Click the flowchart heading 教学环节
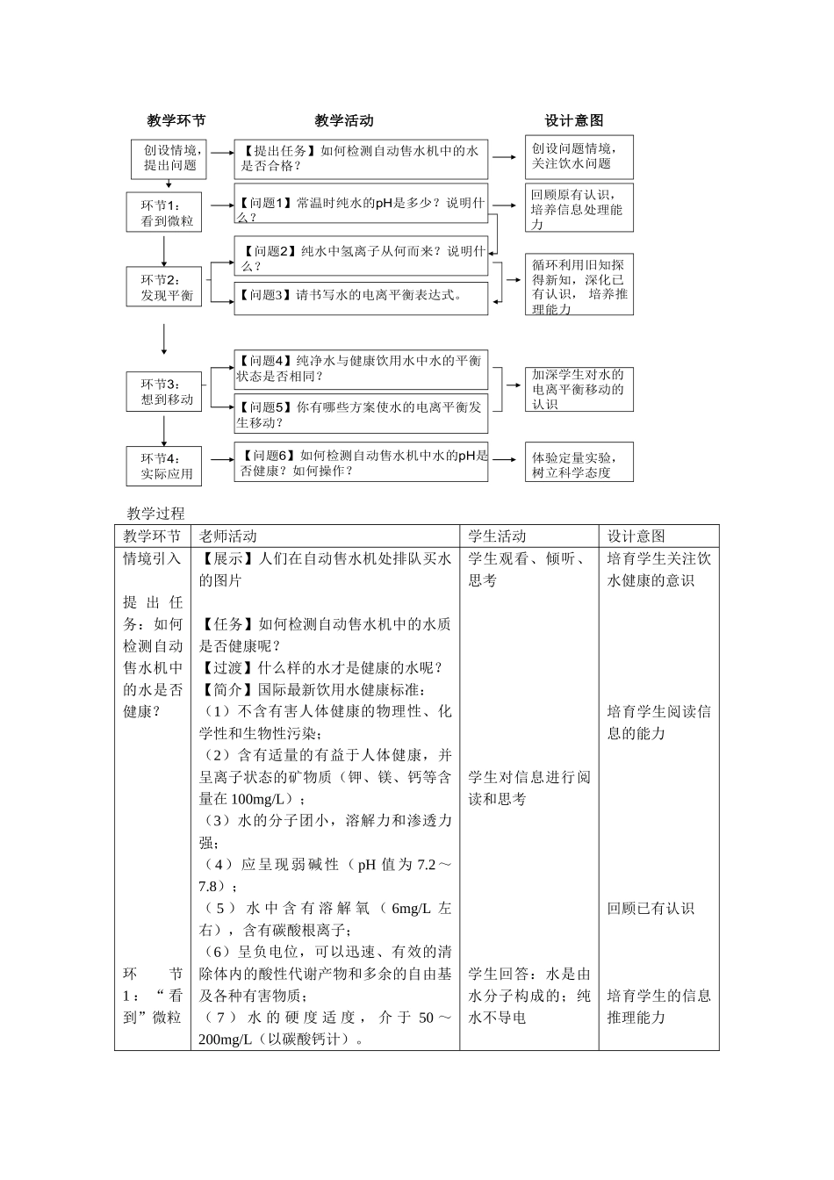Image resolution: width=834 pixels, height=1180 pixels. click(x=176, y=120)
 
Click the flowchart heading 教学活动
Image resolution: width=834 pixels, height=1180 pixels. click(x=343, y=120)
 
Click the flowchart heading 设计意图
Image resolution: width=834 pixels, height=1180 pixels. click(x=573, y=120)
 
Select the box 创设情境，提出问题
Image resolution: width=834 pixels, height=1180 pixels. click(x=170, y=157)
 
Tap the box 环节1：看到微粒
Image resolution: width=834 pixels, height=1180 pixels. click(x=164, y=213)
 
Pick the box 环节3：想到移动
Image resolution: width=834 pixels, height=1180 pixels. click(x=164, y=392)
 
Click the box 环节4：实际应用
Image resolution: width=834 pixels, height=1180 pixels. click(x=164, y=466)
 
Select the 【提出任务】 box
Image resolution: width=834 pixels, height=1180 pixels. click(x=361, y=158)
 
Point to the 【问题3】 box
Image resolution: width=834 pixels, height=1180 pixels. click(x=361, y=296)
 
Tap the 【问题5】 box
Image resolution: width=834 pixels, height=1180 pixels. click(x=361, y=414)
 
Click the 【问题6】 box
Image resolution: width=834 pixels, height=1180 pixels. click(x=361, y=463)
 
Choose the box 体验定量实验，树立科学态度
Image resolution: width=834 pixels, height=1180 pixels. click(x=579, y=464)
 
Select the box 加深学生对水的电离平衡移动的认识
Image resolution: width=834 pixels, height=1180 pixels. click(x=579, y=390)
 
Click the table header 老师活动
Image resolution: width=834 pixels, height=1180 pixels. click(x=228, y=536)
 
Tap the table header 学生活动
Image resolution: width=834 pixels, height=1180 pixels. click(x=498, y=536)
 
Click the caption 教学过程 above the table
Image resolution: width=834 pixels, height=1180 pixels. click(x=155, y=514)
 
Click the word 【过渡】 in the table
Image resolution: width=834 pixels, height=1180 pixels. click(x=228, y=668)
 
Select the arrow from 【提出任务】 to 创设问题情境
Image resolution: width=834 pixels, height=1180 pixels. click(x=505, y=157)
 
